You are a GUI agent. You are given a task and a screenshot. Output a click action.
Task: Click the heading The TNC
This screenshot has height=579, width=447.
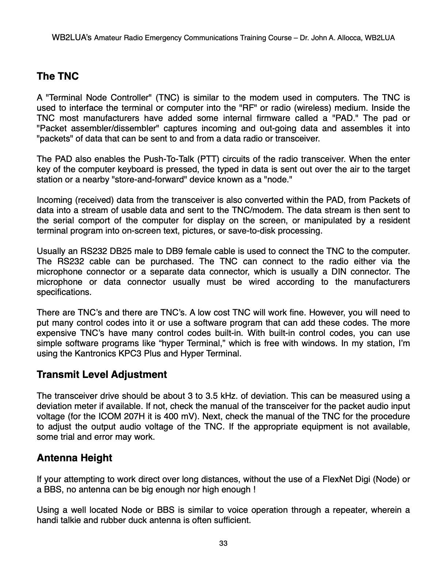[x=58, y=76]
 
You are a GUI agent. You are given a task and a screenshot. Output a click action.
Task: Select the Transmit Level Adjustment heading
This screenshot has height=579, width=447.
[x=102, y=375]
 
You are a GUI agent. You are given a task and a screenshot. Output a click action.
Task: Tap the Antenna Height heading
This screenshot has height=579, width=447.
[x=74, y=458]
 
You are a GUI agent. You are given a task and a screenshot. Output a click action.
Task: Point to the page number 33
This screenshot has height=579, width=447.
[x=223, y=544]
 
